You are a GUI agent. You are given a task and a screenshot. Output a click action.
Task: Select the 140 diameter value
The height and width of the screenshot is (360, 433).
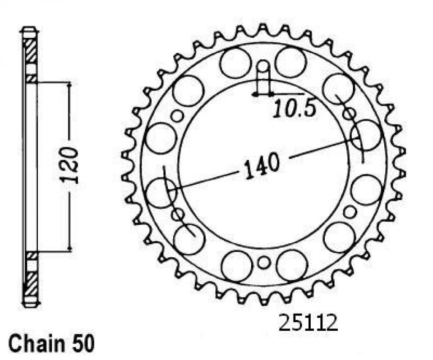pos(262,167)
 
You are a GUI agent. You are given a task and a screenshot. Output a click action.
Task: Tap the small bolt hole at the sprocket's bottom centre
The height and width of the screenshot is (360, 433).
pos(264,262)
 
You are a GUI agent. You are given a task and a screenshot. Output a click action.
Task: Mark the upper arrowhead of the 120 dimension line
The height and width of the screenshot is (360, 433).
pos(69,86)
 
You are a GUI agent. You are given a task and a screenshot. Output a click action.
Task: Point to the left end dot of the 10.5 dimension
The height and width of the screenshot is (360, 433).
pos(255,95)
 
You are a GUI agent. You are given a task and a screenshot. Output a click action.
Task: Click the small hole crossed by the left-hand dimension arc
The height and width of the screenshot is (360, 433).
pos(178,214)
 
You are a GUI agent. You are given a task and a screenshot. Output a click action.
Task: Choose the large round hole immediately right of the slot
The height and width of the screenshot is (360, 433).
pos(290,62)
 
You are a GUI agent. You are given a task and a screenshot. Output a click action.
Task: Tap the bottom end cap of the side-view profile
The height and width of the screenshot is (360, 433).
pos(30,303)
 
